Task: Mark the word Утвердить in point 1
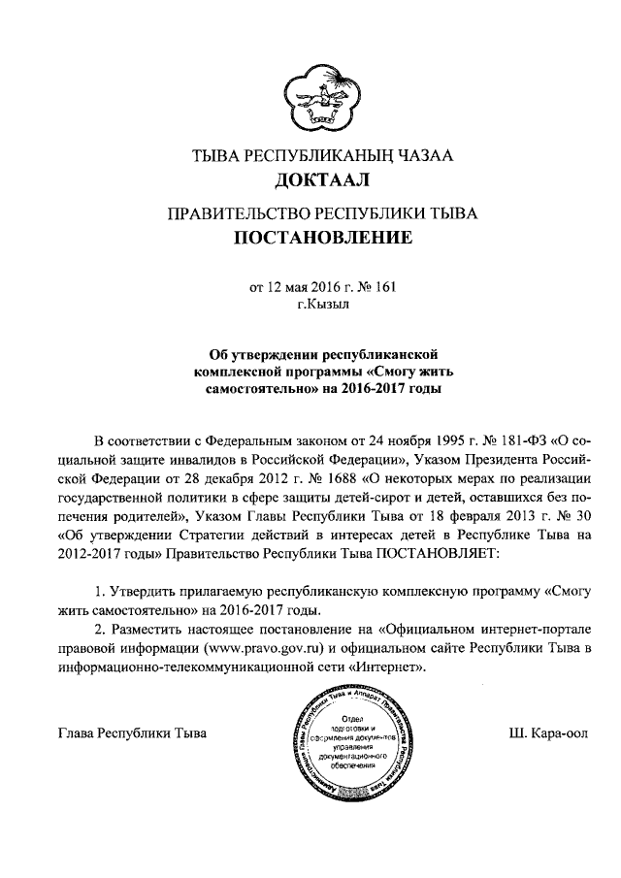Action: tap(147, 591)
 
